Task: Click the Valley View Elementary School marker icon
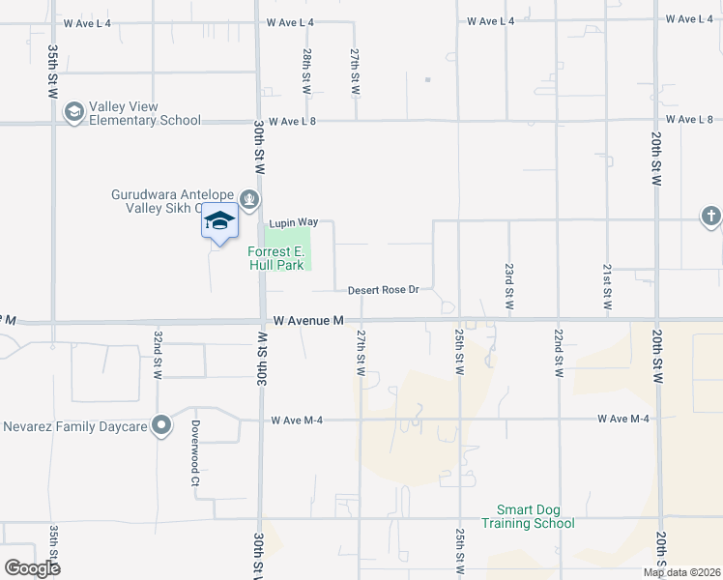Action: pos(73,113)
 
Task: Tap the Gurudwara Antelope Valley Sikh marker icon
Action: pos(250,199)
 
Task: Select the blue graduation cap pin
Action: pos(219,221)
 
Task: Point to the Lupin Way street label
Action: pos(294,222)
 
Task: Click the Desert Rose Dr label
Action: pos(383,289)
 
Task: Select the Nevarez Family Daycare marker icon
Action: pos(162,425)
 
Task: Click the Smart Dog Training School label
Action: pos(535,516)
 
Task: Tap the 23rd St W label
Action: pos(508,285)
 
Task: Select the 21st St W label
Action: pos(607,285)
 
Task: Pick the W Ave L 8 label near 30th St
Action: pos(293,122)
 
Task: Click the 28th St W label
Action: pos(305,72)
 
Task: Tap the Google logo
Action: pos(32,568)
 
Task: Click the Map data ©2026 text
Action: pos(681,572)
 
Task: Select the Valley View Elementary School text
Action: pos(145,113)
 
